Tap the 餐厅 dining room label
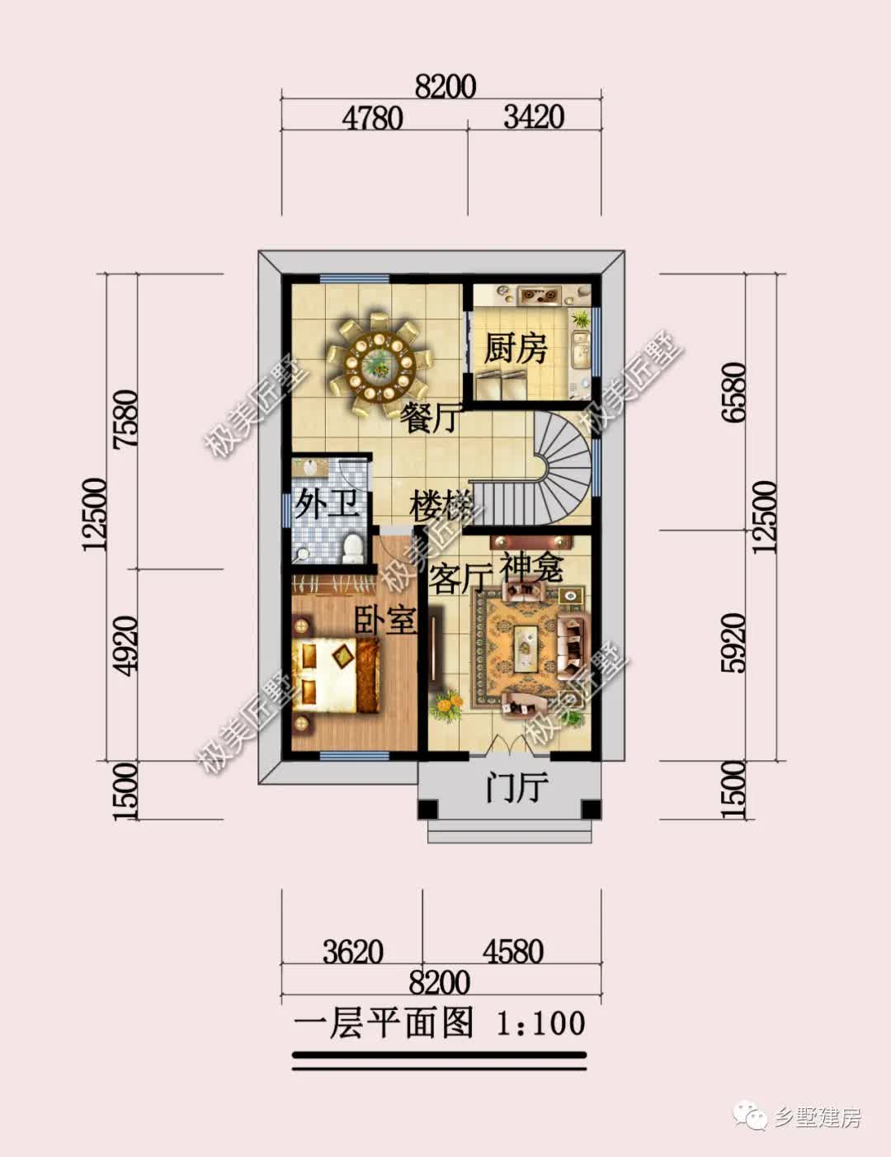(429, 418)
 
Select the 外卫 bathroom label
(327, 503)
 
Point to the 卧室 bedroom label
(385, 619)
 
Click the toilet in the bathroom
(351, 549)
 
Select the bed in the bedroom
(337, 676)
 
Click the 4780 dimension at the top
(372, 118)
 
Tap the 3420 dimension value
(534, 116)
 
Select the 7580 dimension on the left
(127, 419)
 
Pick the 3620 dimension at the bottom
(353, 952)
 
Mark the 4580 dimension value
(513, 952)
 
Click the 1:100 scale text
(540, 1023)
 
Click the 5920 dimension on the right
(734, 643)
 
